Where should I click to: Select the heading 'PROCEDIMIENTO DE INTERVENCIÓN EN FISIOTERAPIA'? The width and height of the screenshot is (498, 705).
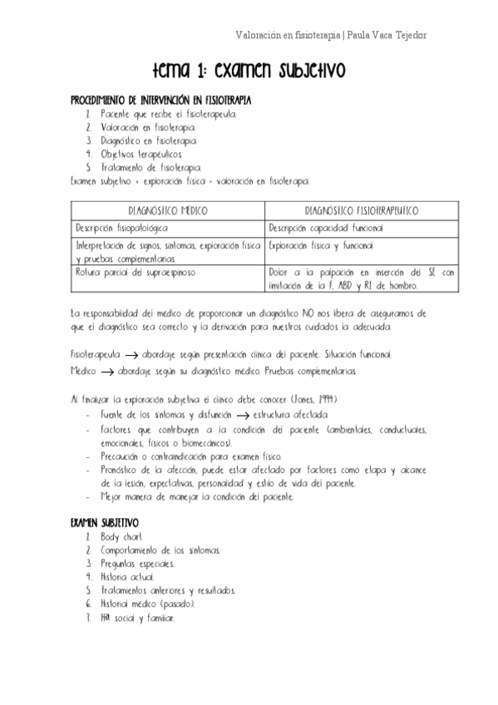(160, 99)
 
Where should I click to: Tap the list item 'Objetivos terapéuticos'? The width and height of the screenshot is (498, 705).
(136, 154)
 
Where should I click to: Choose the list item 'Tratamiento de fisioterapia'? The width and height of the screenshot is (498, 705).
(145, 167)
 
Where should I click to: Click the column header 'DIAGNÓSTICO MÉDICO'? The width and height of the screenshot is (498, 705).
(168, 211)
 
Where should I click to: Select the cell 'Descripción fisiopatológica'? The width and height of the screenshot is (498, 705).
(121, 227)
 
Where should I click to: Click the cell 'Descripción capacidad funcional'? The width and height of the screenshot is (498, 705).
(325, 227)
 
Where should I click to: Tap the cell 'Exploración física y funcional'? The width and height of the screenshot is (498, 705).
(321, 246)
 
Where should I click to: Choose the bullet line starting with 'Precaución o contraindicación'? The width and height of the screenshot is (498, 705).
(190, 456)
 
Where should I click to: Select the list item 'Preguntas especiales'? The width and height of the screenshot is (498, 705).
(137, 564)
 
